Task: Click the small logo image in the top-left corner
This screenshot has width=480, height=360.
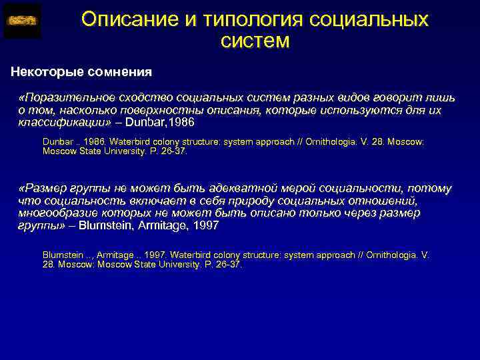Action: [x=23, y=21]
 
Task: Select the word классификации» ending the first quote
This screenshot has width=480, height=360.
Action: [x=62, y=123]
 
